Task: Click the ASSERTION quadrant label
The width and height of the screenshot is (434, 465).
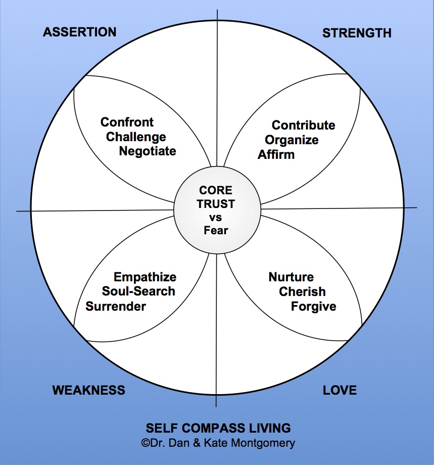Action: pos(79,32)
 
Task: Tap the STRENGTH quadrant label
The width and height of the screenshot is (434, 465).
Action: pos(357,33)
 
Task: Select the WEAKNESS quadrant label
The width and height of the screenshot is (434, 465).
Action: pos(88,390)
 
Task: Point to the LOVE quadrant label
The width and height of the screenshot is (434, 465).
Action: pos(340,390)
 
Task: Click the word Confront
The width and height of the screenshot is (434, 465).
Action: pos(127,122)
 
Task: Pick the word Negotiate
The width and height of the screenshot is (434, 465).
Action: pos(148,151)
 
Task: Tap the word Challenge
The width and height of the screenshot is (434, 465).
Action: pos(136,137)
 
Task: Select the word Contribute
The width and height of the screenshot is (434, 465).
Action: pos(303,125)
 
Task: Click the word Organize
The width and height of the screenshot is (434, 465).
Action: pos(292,140)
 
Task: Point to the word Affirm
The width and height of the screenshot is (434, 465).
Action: pos(276,154)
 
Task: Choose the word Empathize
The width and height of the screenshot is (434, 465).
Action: pos(144,277)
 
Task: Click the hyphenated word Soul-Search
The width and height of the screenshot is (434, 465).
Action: pos(138,291)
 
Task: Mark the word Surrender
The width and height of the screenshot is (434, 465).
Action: pos(116,306)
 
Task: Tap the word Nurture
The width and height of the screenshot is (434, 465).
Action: pos(291,277)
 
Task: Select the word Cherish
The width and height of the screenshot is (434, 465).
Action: pos(302,292)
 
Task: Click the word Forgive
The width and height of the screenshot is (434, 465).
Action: pos(313,307)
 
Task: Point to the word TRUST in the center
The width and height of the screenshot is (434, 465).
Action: pos(216,204)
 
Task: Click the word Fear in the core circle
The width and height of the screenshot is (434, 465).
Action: pos(216,231)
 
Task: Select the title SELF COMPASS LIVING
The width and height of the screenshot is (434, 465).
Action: pos(218,428)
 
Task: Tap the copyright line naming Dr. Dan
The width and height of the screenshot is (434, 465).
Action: pos(218,443)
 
